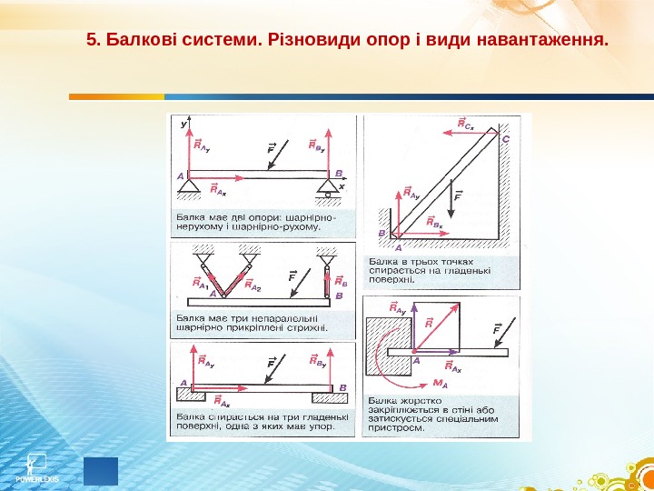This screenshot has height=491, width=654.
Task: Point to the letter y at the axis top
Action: tap(185, 121)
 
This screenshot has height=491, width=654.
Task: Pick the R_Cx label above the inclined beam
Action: tap(463, 124)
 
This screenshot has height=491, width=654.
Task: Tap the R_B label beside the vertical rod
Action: tap(339, 281)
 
